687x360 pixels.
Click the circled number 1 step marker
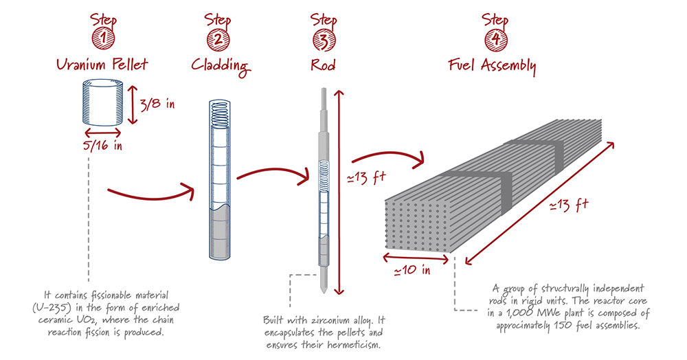103,41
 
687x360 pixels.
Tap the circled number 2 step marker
218,41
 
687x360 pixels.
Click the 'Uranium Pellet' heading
102,66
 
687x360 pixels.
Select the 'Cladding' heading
218,67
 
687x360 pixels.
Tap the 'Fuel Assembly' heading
493,67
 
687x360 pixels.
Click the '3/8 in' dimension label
157,104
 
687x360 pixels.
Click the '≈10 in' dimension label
412,269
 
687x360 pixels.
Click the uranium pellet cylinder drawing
103,102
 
